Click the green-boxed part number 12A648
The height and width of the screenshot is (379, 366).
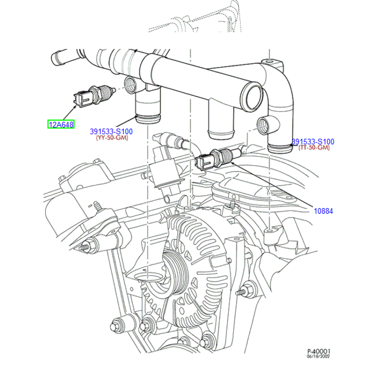[x=61, y=124]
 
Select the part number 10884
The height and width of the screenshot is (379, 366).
[x=323, y=211]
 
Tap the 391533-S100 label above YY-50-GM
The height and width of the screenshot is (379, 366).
[x=111, y=132]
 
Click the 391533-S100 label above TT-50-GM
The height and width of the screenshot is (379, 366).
[x=313, y=142]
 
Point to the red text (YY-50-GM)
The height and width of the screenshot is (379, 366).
[x=112, y=138]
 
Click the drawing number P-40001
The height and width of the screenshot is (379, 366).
[x=319, y=351]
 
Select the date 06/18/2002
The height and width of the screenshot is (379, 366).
[x=319, y=357]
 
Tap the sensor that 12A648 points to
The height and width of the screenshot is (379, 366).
[x=91, y=96]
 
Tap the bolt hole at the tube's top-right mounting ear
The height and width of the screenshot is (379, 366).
[x=269, y=61]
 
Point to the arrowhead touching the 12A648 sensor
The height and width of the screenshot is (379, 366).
[x=78, y=106]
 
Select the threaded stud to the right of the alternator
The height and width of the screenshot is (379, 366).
[x=241, y=292]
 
